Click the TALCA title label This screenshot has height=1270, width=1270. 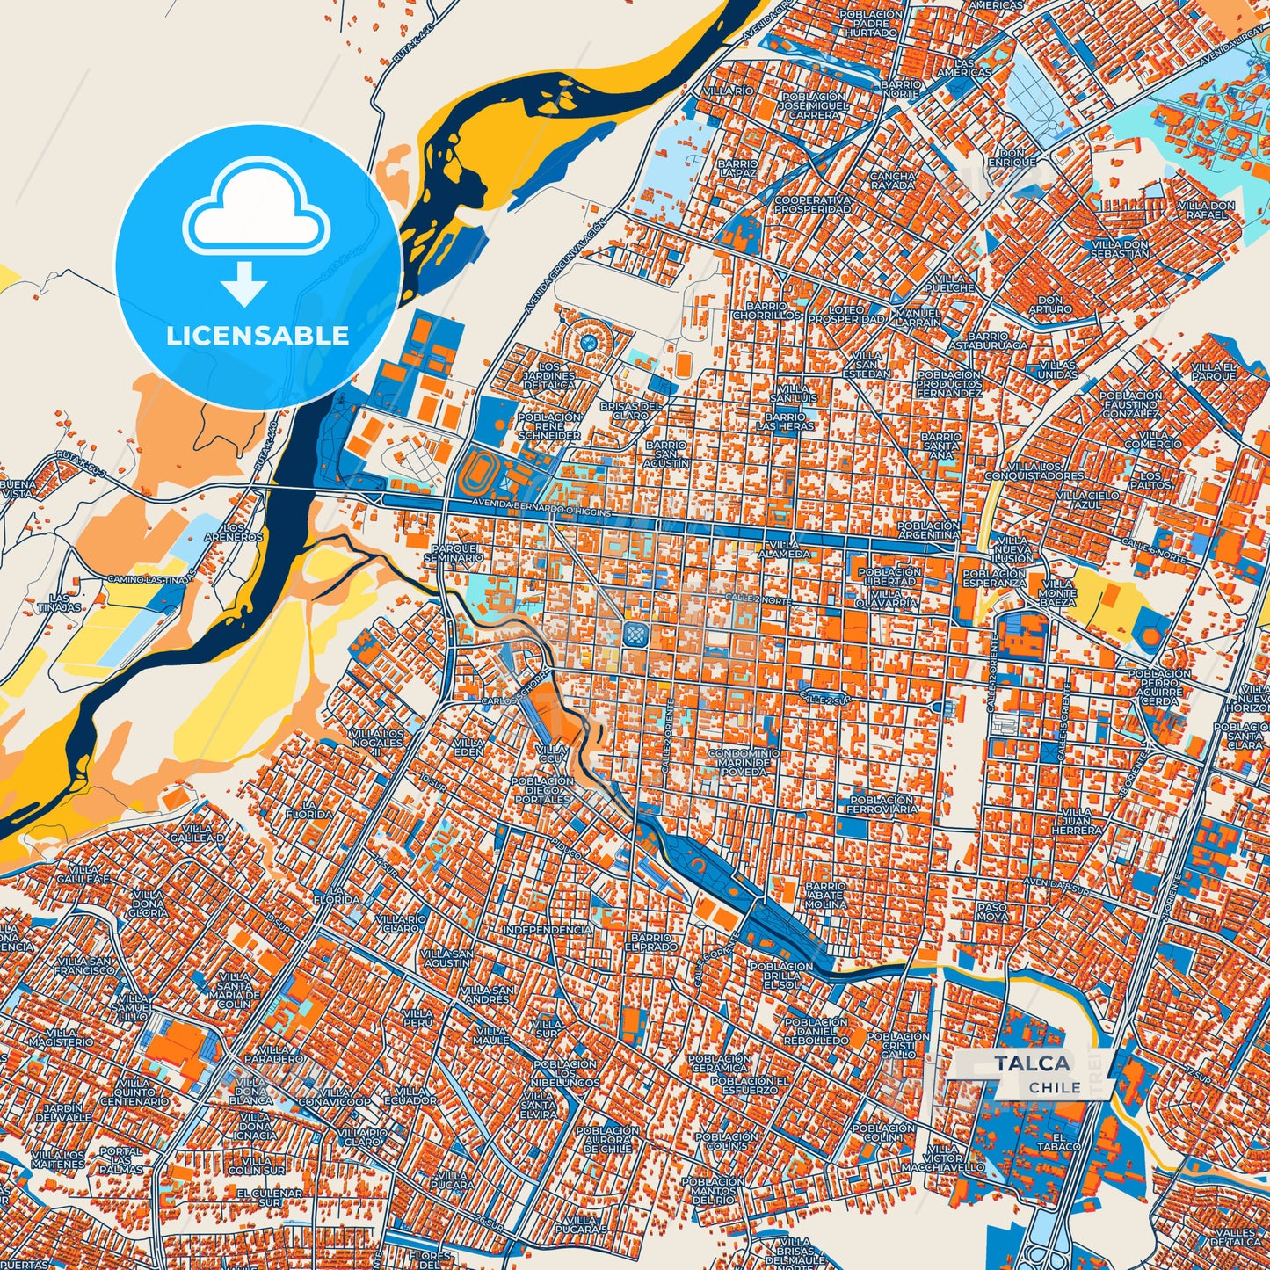point(1033,1063)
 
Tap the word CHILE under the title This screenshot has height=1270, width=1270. point(1055,1087)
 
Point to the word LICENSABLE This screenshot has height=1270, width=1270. point(258,336)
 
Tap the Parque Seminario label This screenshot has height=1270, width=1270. point(454,552)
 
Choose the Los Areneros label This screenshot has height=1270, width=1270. point(233,532)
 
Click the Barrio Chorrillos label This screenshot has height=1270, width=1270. point(766,309)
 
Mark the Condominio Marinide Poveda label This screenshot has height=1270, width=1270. point(744,762)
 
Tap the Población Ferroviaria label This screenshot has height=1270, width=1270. point(883,804)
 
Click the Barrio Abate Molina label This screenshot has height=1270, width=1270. point(826,896)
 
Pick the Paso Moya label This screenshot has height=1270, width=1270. point(992,911)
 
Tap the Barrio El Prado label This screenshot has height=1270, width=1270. point(653,943)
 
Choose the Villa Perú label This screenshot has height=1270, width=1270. point(418,1019)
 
